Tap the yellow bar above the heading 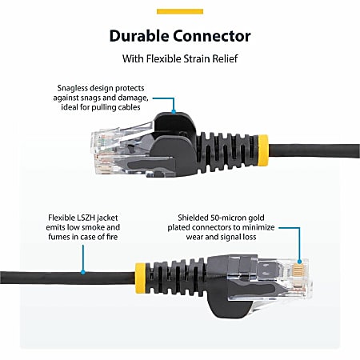(179, 11)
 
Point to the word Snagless (77, 89)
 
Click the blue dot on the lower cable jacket (82, 272)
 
